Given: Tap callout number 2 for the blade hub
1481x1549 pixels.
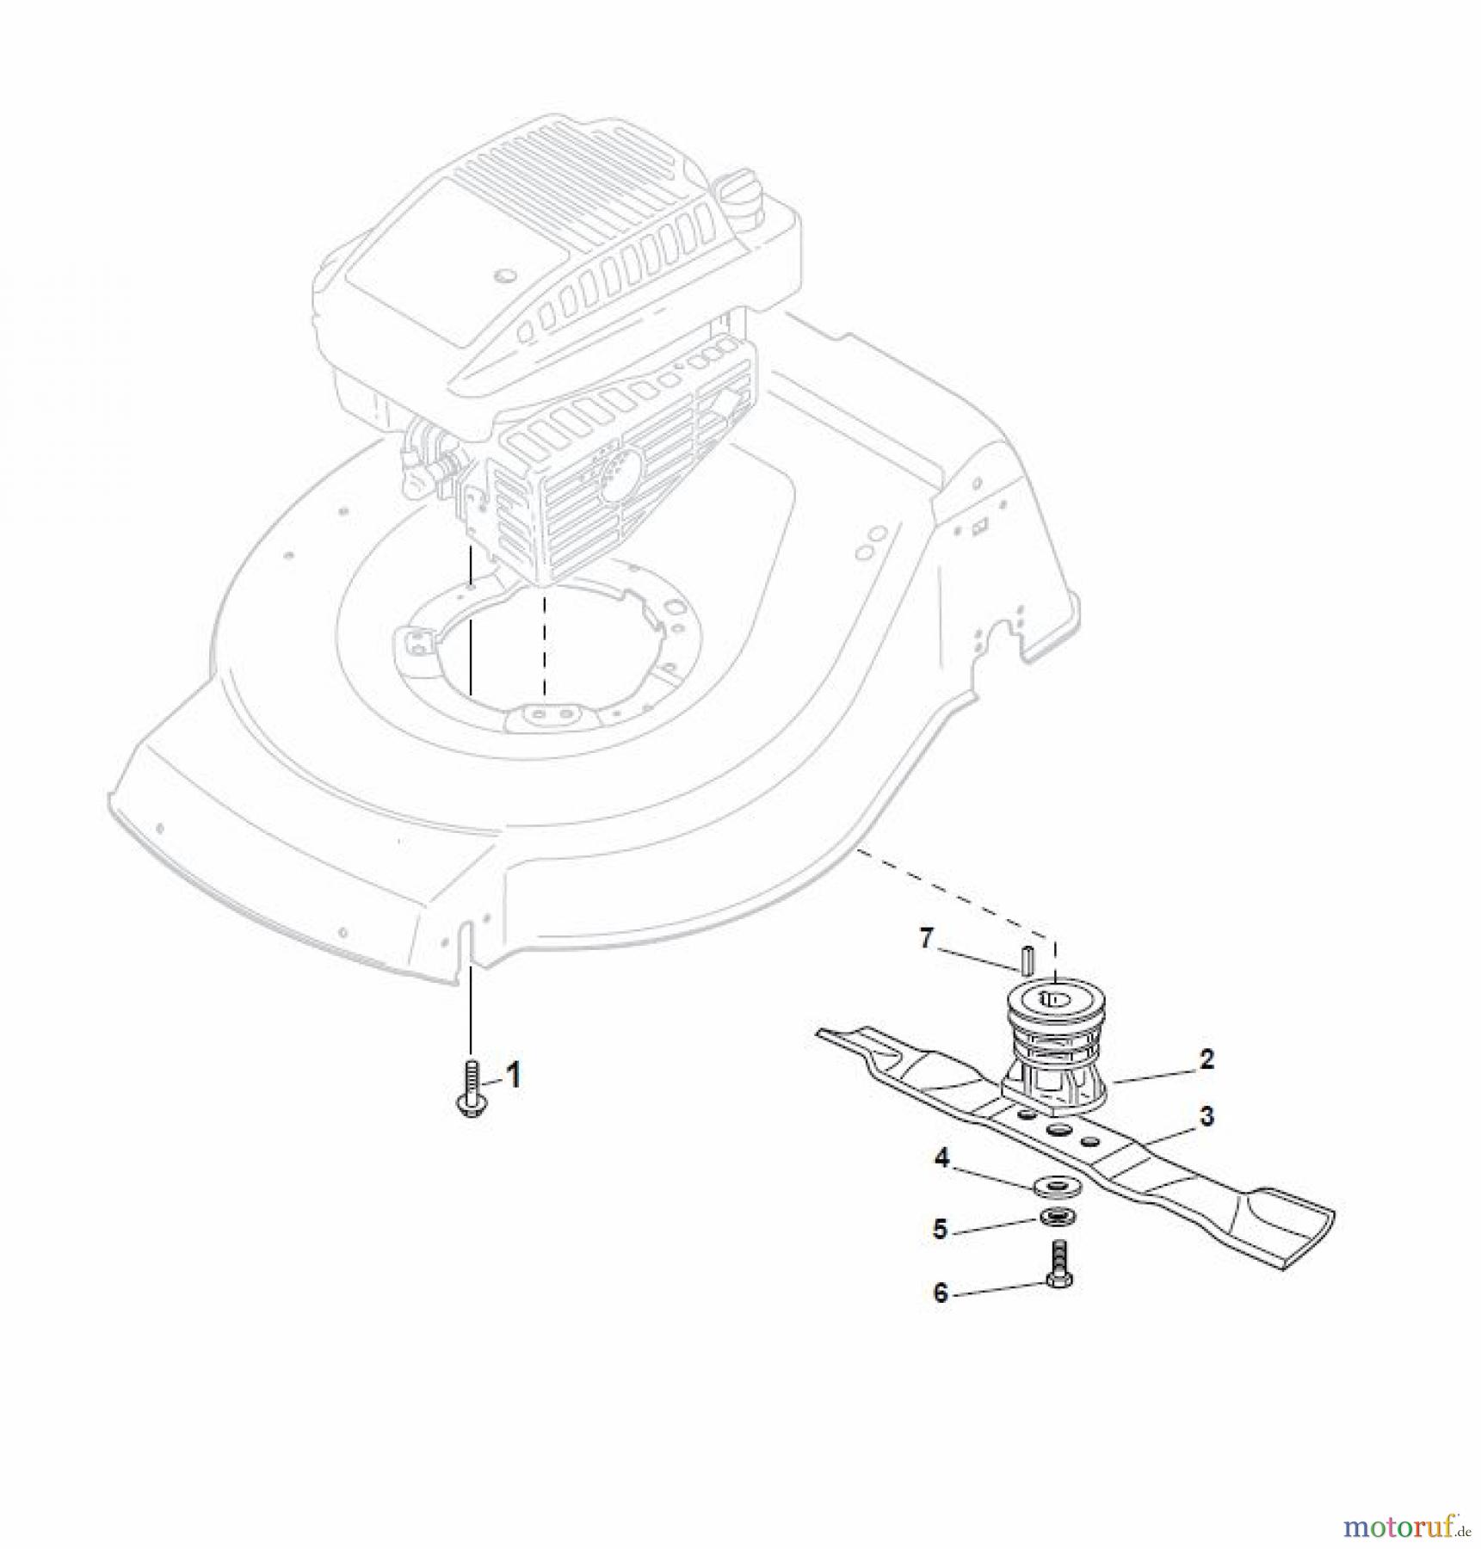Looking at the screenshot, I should tap(1206, 1059).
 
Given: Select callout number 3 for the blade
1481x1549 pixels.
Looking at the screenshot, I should tap(1207, 1116).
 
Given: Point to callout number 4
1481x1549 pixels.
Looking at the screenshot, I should tap(942, 1158).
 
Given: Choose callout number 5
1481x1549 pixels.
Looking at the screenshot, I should tap(941, 1229).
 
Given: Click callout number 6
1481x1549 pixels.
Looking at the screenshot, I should tap(941, 1293).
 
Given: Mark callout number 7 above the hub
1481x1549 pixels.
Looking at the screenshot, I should tap(926, 938).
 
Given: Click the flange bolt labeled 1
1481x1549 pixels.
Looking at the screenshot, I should tap(471, 1089).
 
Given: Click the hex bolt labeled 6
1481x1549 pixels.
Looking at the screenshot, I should tap(1057, 1267).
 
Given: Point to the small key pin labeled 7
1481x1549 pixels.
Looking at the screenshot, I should tap(1027, 957).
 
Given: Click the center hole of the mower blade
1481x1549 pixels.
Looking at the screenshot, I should tap(1058, 1130).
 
